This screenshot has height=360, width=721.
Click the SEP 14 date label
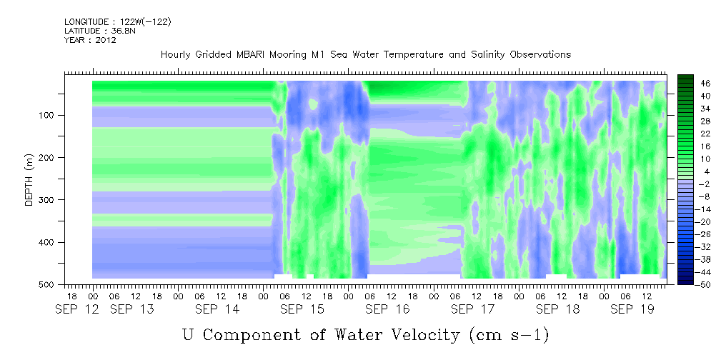point(217,309)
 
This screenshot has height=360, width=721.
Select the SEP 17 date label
point(473,309)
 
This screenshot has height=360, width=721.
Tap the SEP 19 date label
point(632,309)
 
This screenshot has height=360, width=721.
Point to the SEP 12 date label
point(76,309)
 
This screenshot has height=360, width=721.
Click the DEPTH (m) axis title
point(29,179)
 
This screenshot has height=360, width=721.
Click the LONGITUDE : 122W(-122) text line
point(118,21)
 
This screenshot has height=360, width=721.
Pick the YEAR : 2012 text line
point(90,40)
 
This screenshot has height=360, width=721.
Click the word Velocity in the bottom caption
point(422,335)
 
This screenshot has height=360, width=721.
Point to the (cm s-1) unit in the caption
point(509,335)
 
